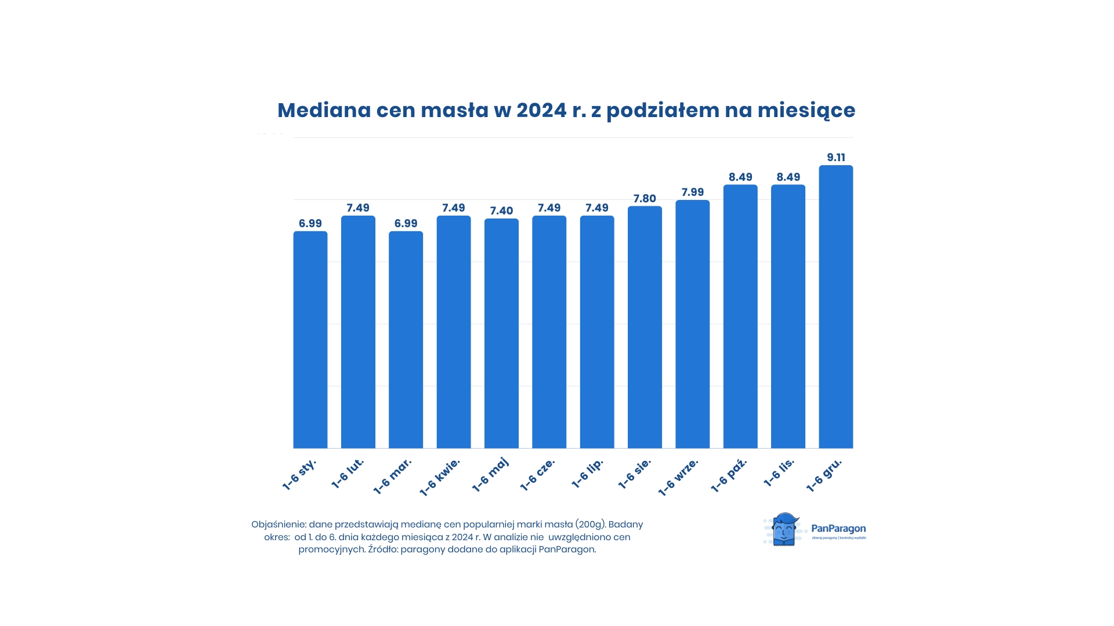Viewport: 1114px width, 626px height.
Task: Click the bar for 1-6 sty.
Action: [310, 340]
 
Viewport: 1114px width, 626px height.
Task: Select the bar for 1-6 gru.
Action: [835, 307]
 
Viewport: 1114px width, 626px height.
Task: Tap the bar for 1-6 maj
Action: [501, 333]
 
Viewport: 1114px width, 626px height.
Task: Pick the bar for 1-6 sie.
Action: [645, 327]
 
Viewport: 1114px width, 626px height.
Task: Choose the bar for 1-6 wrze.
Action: [692, 324]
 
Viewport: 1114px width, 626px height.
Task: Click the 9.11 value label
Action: [835, 158]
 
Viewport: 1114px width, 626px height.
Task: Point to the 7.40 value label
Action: [501, 211]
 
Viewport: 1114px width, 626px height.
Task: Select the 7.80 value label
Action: [645, 199]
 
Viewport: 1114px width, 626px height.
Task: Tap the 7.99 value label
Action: [692, 192]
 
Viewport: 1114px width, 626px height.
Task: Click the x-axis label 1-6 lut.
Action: [348, 474]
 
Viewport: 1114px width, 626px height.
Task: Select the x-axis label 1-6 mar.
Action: [392, 476]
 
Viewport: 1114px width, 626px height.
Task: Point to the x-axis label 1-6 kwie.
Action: [439, 478]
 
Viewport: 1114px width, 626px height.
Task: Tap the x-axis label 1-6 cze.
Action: [537, 475]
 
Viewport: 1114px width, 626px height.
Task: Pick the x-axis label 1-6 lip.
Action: [587, 474]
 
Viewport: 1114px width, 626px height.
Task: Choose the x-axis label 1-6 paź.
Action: [729, 476]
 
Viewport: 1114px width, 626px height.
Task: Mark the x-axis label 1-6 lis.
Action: [779, 473]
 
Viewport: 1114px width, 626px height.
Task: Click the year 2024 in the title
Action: [541, 110]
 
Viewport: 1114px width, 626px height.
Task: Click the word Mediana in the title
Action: [324, 110]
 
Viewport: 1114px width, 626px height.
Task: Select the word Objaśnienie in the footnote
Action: [278, 525]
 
